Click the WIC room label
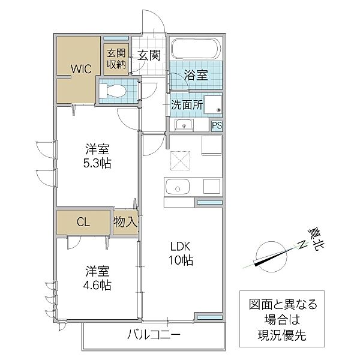[x=81, y=68]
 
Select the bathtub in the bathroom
[x=196, y=49]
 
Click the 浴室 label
[x=196, y=75]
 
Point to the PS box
[x=217, y=125]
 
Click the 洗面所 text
[x=187, y=105]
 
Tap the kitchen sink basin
[x=178, y=187]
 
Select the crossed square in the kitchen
[x=180, y=161]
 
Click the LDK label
[x=180, y=247]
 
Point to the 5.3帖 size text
[x=97, y=163]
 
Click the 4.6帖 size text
[x=97, y=286]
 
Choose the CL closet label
[x=83, y=222]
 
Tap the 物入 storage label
[x=125, y=222]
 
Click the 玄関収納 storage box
[x=116, y=59]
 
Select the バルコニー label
[x=154, y=335]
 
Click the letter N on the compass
[x=303, y=245]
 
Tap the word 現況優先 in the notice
[x=282, y=335]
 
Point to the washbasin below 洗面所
[x=184, y=125]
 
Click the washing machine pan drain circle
[x=218, y=110]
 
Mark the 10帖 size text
[x=181, y=260]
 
